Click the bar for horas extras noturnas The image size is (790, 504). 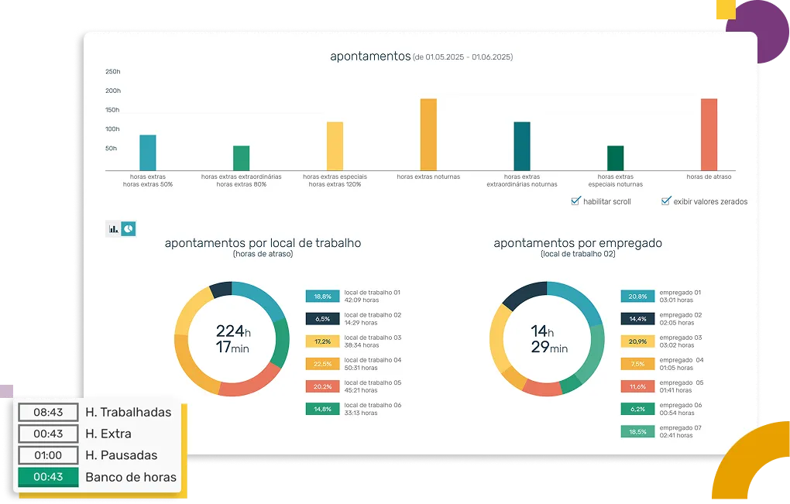coord(428,135)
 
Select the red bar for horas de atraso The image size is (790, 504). coord(709,135)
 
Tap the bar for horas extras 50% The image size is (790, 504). coord(148,153)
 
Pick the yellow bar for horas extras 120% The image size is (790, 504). coord(335,146)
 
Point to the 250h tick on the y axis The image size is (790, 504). coord(113,72)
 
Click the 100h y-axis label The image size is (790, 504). coord(113,129)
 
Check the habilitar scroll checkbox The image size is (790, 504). coord(575,201)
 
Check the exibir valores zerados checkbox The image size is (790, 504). coord(665,201)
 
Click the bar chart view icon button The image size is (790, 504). coord(113,228)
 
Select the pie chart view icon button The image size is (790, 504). coord(128,228)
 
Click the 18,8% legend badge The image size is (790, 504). coord(322,296)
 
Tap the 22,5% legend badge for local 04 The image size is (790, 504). coord(322,364)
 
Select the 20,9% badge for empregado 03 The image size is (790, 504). coord(637,341)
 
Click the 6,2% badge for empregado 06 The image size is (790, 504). coord(637,410)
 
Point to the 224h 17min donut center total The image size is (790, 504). coord(232,340)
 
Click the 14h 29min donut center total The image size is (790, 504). coord(547,340)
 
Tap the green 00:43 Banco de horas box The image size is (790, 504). coord(48,477)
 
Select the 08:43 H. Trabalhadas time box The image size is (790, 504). coord(48,412)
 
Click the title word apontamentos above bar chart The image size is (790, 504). coord(369,57)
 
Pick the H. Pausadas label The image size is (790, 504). coord(122,455)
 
